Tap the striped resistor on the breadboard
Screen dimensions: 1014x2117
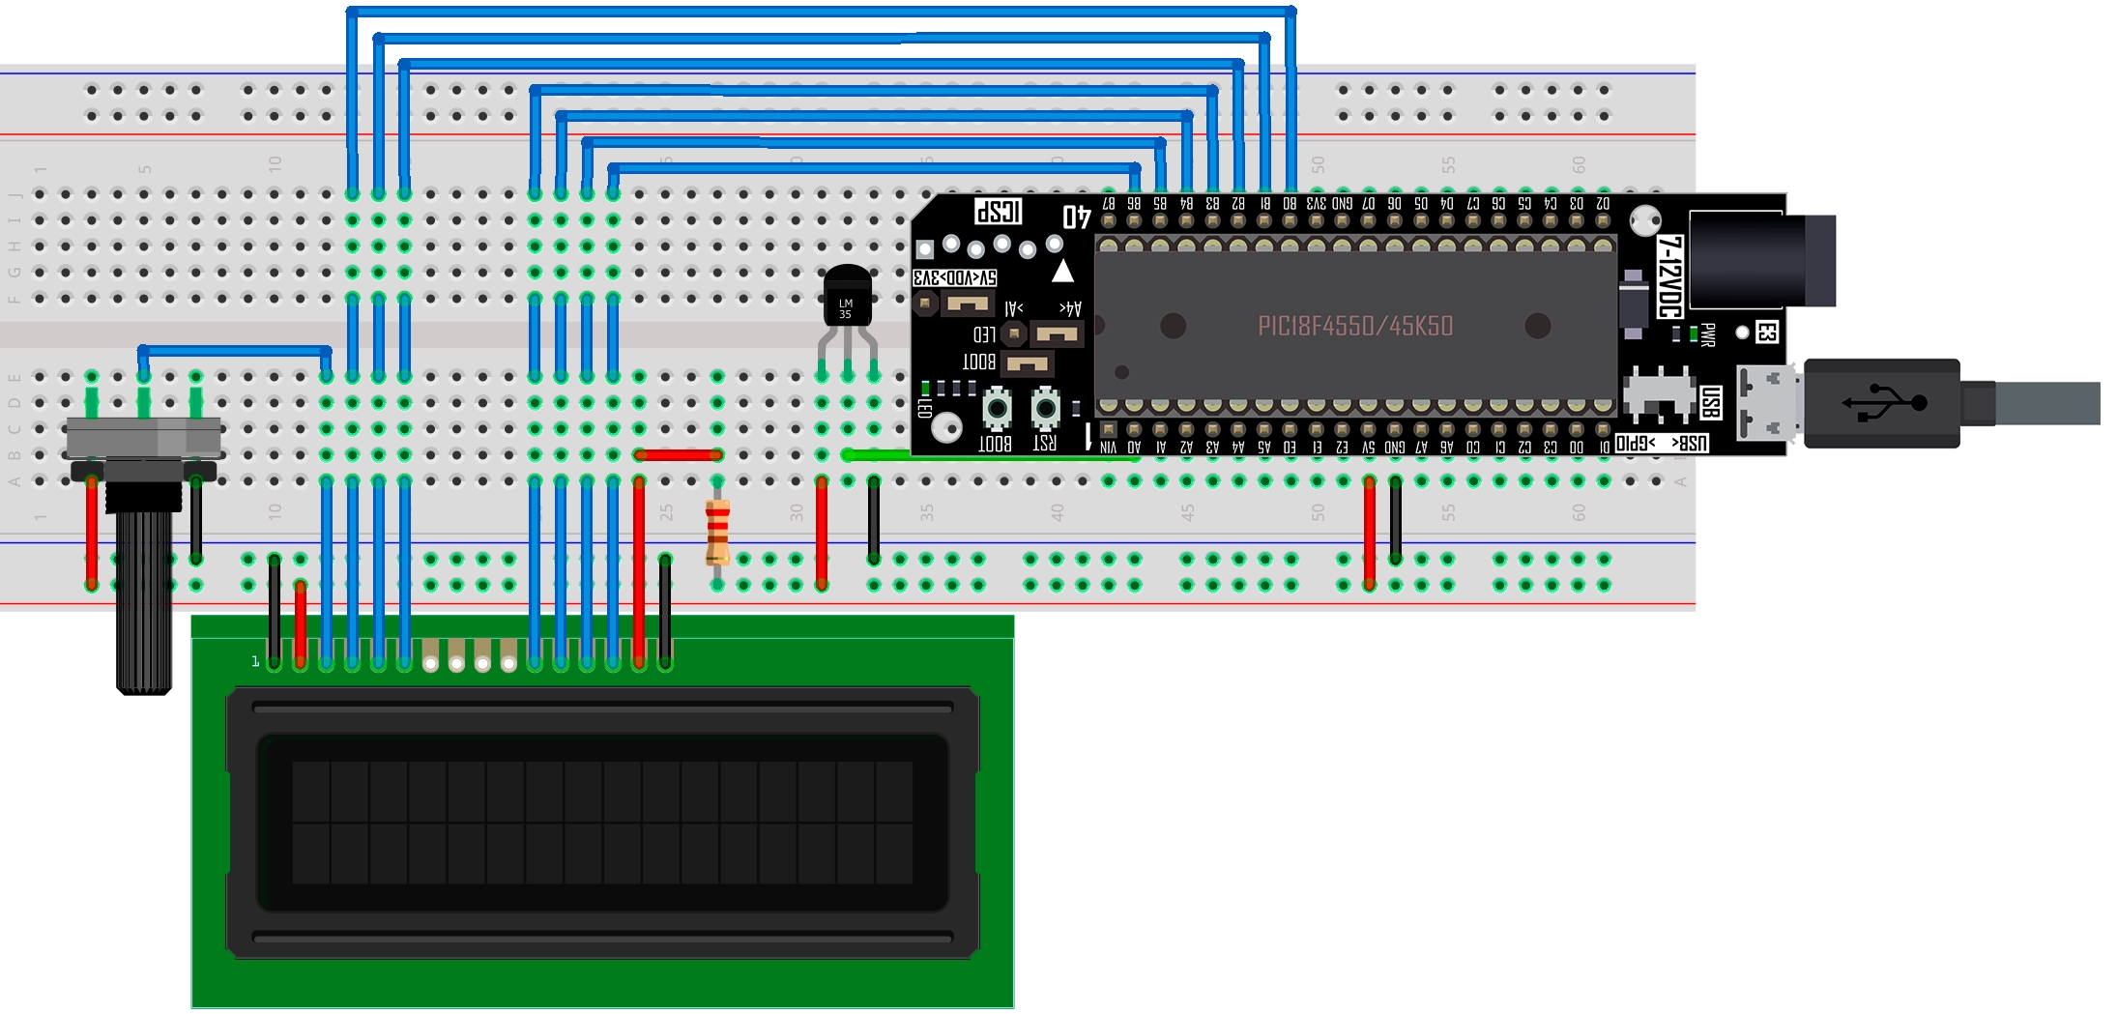pyautogui.click(x=717, y=533)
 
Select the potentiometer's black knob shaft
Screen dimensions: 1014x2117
pyautogui.click(x=143, y=599)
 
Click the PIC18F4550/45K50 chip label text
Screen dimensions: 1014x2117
pyautogui.click(x=1354, y=326)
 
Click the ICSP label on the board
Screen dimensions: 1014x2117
pyautogui.click(x=999, y=211)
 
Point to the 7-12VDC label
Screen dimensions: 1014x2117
pyautogui.click(x=1669, y=275)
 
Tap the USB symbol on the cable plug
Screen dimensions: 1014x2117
pyautogui.click(x=1884, y=402)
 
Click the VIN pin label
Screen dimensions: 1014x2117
pyautogui.click(x=1108, y=448)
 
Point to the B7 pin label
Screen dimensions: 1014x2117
pyautogui.click(x=1109, y=204)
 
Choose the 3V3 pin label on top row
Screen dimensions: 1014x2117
pyautogui.click(x=1316, y=204)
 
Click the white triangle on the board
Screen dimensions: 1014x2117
pyautogui.click(x=1062, y=271)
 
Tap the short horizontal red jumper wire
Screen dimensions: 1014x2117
pyautogui.click(x=678, y=454)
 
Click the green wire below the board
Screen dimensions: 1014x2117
pyautogui.click(x=986, y=455)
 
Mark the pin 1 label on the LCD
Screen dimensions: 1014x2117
pyautogui.click(x=255, y=661)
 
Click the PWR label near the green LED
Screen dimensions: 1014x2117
pyautogui.click(x=1708, y=334)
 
